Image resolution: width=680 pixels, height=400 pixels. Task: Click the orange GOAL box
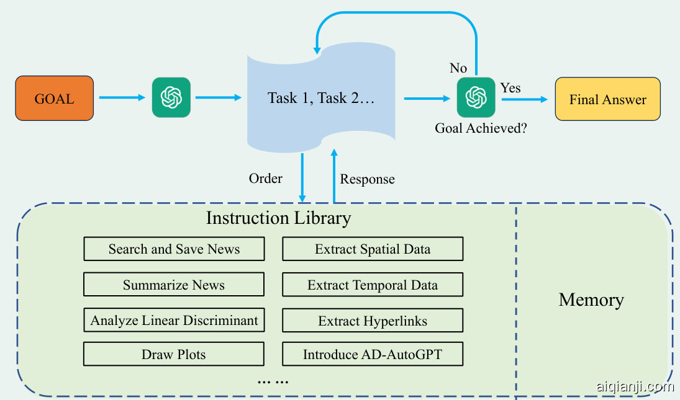55,98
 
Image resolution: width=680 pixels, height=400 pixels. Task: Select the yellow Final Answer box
607,99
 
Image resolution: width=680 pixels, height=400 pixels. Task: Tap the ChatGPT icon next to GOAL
171,97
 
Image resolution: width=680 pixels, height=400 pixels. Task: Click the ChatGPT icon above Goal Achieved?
476,97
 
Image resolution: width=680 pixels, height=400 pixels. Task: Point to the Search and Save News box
174,249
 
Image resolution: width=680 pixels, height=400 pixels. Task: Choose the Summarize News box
174,285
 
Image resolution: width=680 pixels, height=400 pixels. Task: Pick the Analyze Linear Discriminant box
174,321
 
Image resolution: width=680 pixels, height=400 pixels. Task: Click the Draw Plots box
174,355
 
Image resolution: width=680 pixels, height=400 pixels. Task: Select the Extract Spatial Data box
373,249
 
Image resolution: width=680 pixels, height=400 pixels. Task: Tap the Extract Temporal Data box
373,285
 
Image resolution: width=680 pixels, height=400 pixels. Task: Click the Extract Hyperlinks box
373,321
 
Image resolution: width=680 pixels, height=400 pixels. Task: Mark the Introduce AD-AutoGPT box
373,355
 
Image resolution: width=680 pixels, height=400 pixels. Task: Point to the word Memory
591,300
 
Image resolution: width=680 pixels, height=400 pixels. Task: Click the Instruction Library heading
278,218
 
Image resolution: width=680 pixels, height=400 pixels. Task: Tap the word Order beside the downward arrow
266,179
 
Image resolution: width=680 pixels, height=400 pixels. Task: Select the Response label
367,179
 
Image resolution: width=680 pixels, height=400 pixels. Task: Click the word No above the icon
458,68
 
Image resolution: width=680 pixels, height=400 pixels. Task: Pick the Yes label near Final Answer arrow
510,88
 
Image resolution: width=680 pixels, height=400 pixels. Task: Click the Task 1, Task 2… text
321,98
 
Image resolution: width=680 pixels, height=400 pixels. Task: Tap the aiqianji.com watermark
635,387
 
